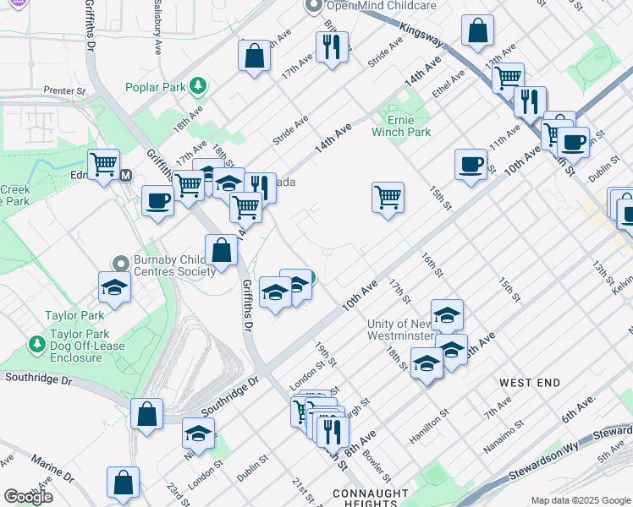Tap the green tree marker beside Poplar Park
coord(198,85)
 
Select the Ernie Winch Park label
coord(401,126)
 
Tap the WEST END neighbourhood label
coord(530,383)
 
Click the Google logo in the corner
coord(27,496)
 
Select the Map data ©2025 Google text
coord(580,500)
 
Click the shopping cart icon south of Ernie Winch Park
coord(388,197)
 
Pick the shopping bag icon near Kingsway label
coord(478,30)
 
